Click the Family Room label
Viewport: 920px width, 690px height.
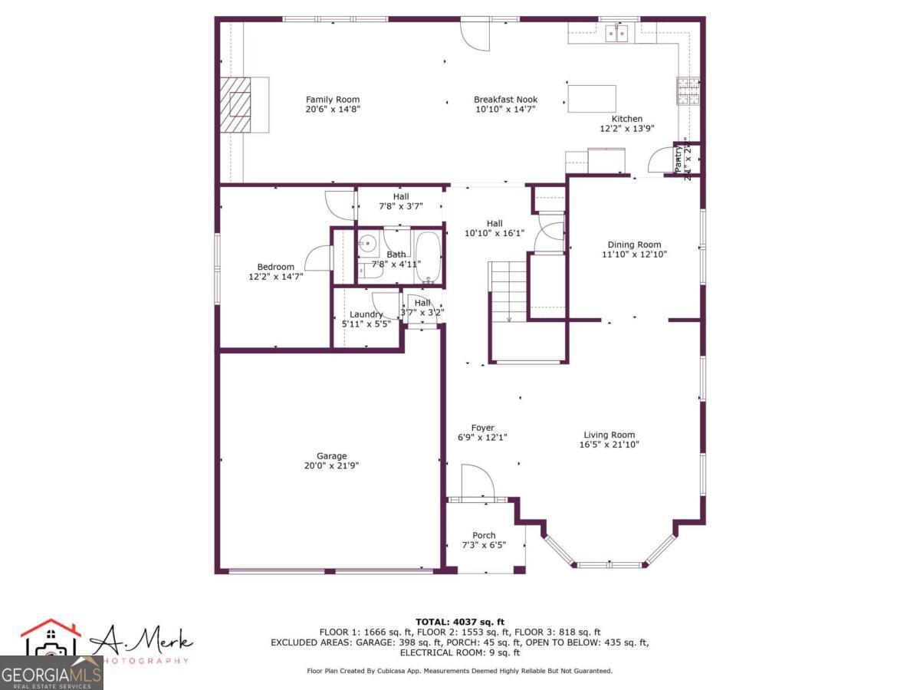pyautogui.click(x=332, y=100)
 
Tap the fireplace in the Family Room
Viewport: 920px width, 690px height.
pyautogui.click(x=240, y=104)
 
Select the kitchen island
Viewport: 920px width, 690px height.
pyautogui.click(x=591, y=99)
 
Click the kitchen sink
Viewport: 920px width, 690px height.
pyautogui.click(x=616, y=32)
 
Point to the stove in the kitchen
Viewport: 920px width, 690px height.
pyautogui.click(x=687, y=90)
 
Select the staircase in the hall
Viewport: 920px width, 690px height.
pyautogui.click(x=508, y=291)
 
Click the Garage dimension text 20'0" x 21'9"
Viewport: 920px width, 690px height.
pyautogui.click(x=332, y=465)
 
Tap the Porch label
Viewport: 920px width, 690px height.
pyautogui.click(x=484, y=535)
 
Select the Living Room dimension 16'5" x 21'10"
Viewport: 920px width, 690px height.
pyautogui.click(x=609, y=445)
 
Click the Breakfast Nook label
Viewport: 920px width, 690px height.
pyautogui.click(x=505, y=100)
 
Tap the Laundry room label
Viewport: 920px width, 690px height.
pyautogui.click(x=366, y=314)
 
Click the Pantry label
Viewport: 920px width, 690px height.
pyautogui.click(x=678, y=161)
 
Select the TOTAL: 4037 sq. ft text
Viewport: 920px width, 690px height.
pyautogui.click(x=459, y=622)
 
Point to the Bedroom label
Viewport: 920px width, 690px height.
pyautogui.click(x=275, y=267)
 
